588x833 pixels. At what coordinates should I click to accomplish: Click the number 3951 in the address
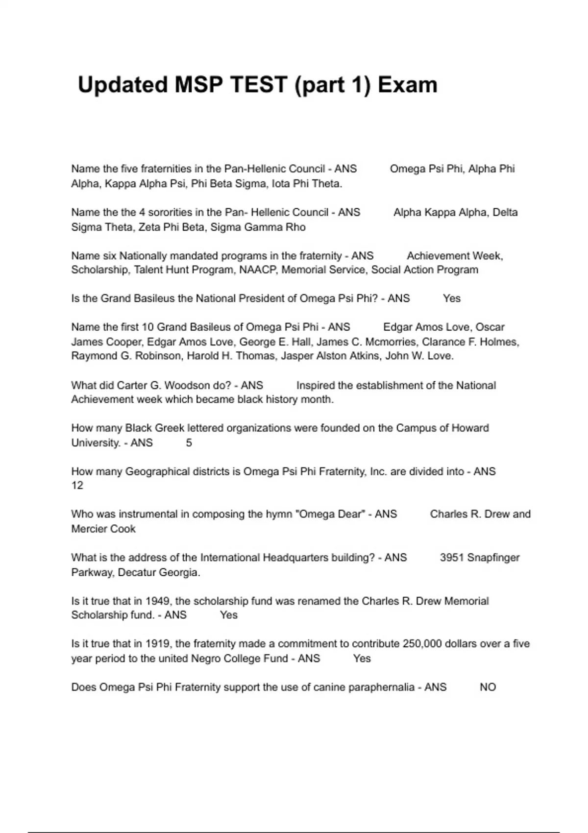coord(452,558)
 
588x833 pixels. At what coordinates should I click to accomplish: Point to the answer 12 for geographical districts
coord(77,486)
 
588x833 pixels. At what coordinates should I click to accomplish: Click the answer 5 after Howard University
coord(189,443)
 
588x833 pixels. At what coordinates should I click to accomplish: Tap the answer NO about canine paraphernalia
coord(488,687)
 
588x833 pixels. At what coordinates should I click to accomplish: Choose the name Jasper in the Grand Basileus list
coord(296,356)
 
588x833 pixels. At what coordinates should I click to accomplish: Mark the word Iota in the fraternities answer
coord(281,184)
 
